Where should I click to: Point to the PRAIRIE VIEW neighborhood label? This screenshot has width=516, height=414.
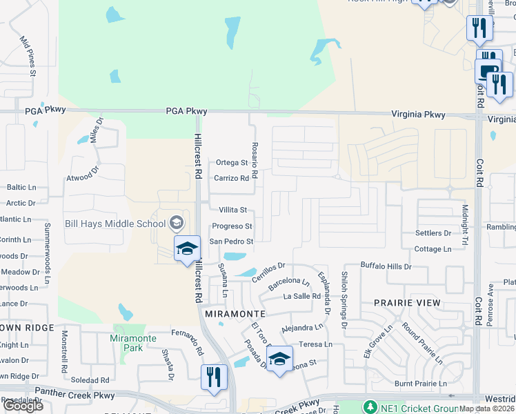[407, 303]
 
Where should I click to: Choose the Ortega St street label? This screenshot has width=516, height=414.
[231, 163]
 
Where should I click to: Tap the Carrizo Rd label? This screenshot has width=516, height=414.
[230, 178]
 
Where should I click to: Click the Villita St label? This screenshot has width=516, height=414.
[232, 210]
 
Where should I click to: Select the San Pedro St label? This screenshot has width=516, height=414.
[232, 241]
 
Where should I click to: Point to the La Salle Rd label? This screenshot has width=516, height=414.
[302, 296]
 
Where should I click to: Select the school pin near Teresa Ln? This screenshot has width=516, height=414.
[279, 359]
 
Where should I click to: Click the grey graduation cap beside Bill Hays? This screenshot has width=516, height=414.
[177, 223]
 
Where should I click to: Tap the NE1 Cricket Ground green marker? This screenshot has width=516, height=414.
[371, 407]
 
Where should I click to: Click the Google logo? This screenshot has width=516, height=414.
[23, 406]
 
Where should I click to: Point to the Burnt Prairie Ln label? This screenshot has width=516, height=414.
[421, 384]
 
